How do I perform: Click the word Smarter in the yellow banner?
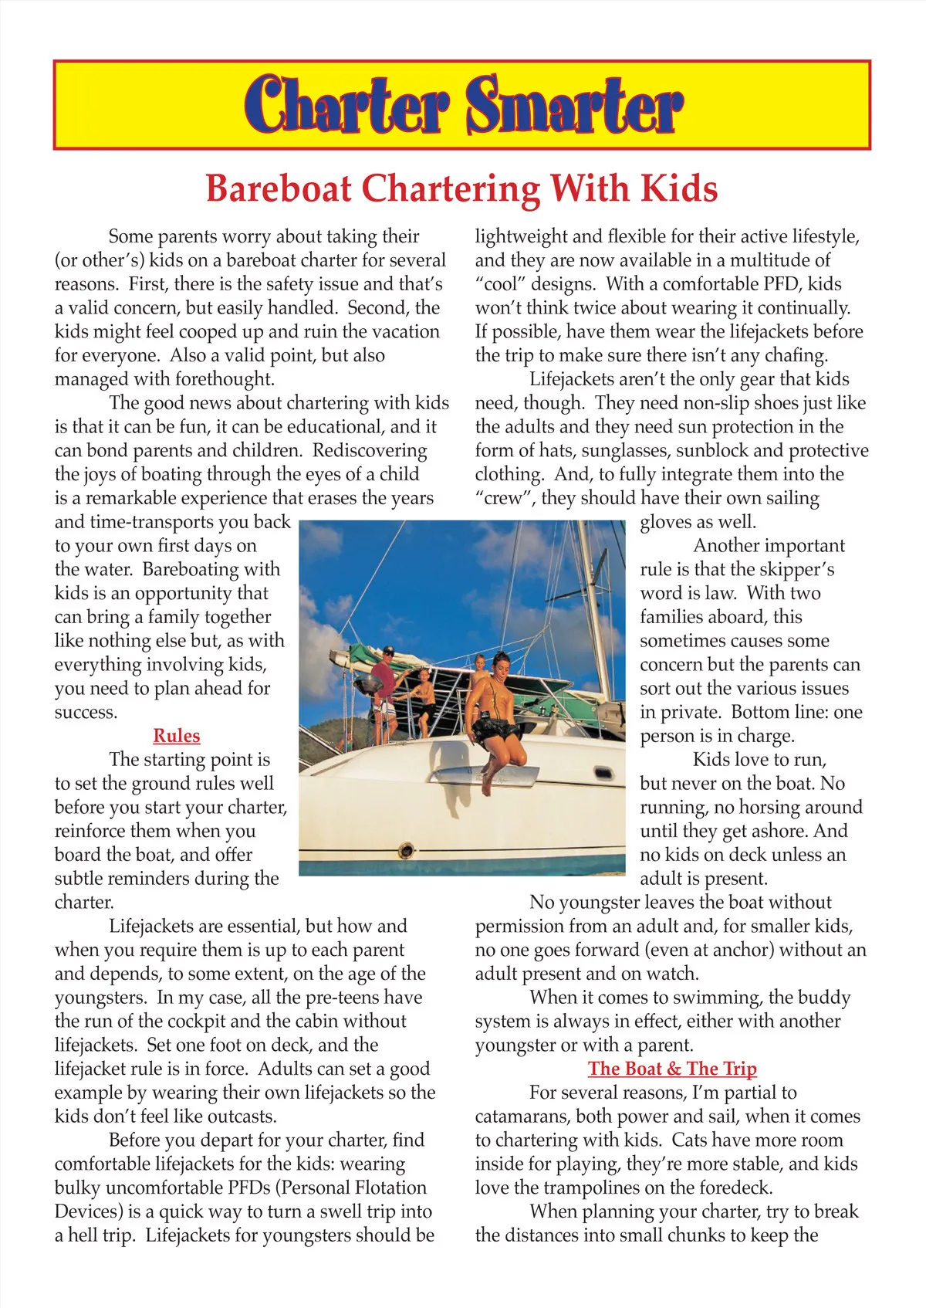pos(574,105)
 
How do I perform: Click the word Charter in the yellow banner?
pos(347,105)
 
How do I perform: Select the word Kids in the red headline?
pos(679,188)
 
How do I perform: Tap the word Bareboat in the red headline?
pos(279,188)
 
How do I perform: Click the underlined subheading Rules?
pos(177,736)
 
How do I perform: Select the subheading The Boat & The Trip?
pos(672,1069)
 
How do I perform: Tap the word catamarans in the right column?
pos(521,1117)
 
